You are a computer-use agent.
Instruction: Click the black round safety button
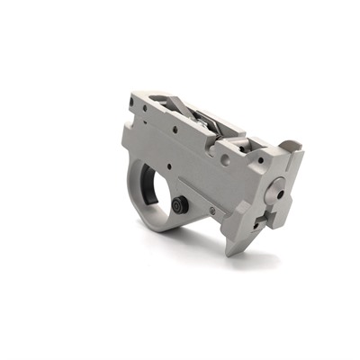click(179, 205)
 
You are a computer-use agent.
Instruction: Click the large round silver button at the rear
click(277, 190)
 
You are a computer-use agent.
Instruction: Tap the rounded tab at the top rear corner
click(289, 145)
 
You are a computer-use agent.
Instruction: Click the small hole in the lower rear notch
click(262, 219)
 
